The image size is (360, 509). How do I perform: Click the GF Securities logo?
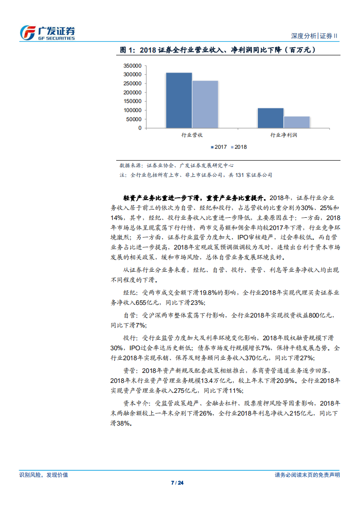[x=48, y=33]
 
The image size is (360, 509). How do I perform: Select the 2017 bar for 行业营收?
[x=178, y=100]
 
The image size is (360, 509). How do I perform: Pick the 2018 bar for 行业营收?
[x=205, y=104]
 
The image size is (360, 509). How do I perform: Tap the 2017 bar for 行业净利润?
[x=271, y=118]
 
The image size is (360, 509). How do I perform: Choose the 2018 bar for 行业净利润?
[x=297, y=122]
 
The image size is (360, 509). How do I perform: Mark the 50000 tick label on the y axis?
[x=133, y=119]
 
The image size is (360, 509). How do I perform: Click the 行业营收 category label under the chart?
[x=192, y=135]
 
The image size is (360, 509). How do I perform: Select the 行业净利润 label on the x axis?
[x=284, y=135]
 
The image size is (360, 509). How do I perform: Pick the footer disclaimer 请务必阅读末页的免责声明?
[x=307, y=475]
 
